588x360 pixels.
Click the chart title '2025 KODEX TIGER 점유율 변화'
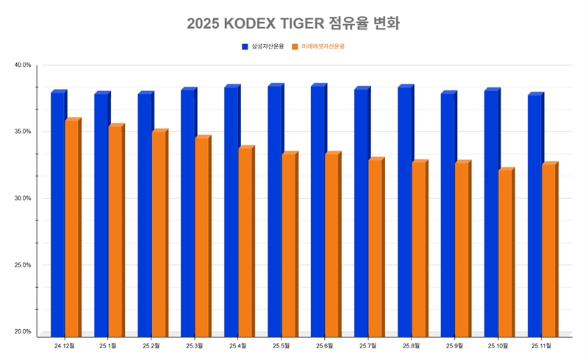(293, 23)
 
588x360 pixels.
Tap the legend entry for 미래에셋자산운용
(323, 46)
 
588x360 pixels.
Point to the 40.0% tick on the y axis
(23, 65)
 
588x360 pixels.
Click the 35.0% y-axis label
(23, 132)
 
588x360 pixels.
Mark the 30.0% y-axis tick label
(23, 198)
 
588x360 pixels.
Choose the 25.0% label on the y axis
(23, 265)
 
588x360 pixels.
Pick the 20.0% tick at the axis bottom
(23, 332)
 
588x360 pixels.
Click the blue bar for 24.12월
(57, 213)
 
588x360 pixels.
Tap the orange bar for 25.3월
(201, 235)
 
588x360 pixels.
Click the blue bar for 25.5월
(274, 209)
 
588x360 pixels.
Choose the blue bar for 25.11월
(534, 213)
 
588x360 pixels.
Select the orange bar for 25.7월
(376, 246)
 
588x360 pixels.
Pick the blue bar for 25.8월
(404, 210)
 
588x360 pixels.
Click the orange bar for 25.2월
(158, 232)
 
